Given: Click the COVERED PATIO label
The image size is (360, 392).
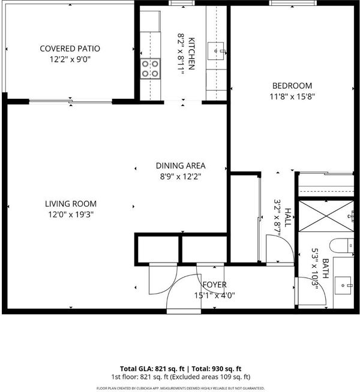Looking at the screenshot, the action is click(x=70, y=49).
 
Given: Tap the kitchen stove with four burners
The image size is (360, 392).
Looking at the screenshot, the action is click(x=150, y=69).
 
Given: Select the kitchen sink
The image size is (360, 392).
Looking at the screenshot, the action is click(x=216, y=51).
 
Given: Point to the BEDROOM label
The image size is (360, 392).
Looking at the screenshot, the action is click(x=292, y=86).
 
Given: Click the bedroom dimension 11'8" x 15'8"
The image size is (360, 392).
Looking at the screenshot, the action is click(x=292, y=97).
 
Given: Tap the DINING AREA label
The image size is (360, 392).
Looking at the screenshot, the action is click(x=181, y=166).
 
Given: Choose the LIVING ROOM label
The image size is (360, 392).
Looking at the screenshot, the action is click(x=71, y=204).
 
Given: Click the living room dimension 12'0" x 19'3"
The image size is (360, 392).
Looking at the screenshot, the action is click(x=71, y=215).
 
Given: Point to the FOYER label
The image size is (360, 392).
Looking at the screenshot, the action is click(x=215, y=285).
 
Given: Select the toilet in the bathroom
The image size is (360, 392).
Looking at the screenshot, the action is click(x=341, y=246).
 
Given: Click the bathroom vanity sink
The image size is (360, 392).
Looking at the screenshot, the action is click(x=344, y=285).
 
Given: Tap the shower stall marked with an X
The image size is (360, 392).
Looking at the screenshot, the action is click(x=326, y=216).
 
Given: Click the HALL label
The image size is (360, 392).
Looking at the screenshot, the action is click(x=288, y=217).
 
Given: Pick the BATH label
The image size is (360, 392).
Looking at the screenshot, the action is click(x=325, y=269).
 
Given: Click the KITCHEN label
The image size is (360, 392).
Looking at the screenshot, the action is click(x=191, y=53).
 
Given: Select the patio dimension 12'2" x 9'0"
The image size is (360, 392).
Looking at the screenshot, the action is click(x=70, y=59).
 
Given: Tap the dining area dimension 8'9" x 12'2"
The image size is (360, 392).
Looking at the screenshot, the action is click(x=181, y=177).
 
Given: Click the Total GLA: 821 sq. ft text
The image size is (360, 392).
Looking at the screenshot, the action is click(x=152, y=369).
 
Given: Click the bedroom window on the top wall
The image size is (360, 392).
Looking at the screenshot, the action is click(x=293, y=3).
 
